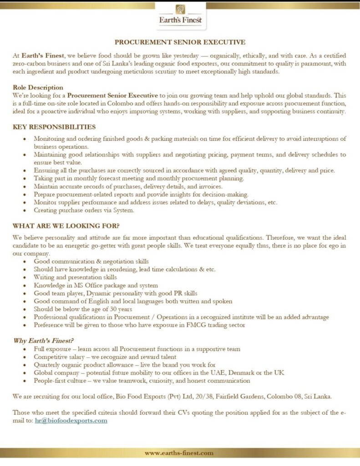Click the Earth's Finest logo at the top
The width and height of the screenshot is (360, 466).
(180, 15)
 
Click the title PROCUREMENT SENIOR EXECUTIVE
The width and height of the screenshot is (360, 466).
(180, 42)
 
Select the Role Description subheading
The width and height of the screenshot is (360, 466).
(38, 87)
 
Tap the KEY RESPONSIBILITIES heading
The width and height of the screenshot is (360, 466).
(54, 127)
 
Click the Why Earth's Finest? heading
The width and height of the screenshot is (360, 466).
(43, 341)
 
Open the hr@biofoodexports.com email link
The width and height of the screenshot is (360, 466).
(71, 420)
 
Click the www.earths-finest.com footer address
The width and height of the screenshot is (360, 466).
(179, 453)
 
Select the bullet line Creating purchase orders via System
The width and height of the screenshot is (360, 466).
(85, 210)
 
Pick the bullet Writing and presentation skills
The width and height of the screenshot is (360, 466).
(75, 277)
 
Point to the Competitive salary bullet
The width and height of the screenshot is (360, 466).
(105, 357)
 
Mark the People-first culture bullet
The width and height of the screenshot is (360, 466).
(142, 380)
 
